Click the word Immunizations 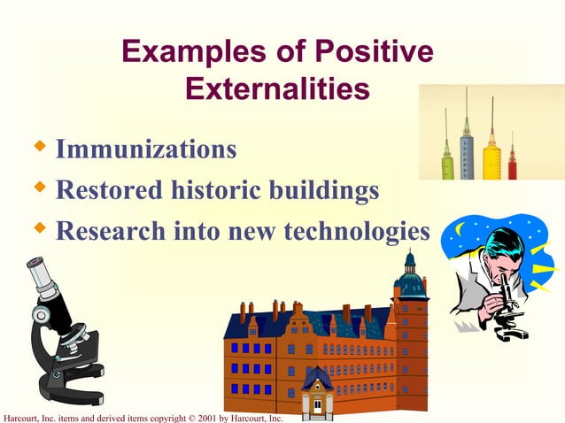tap(145, 149)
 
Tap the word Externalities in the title tap(277, 89)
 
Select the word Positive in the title tap(376, 52)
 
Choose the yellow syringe tap(491, 155)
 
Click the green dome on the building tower tap(409, 281)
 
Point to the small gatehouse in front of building tap(316, 394)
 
